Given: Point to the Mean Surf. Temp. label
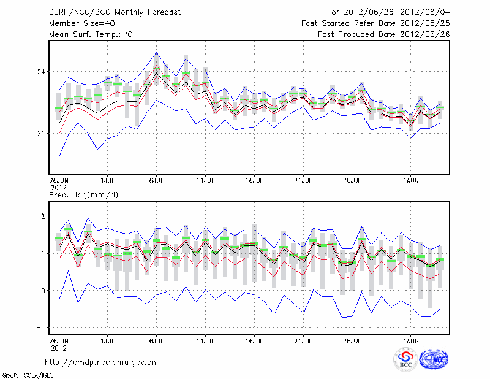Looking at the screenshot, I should [91, 34].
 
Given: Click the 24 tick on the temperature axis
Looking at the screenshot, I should [42, 72].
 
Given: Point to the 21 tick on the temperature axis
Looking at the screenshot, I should [42, 133].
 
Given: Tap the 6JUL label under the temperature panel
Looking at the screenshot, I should [156, 180].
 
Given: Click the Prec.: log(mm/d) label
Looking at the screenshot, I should [83, 195].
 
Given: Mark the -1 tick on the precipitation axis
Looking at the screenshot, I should [42, 327].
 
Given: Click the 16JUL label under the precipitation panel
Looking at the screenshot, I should [254, 339].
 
